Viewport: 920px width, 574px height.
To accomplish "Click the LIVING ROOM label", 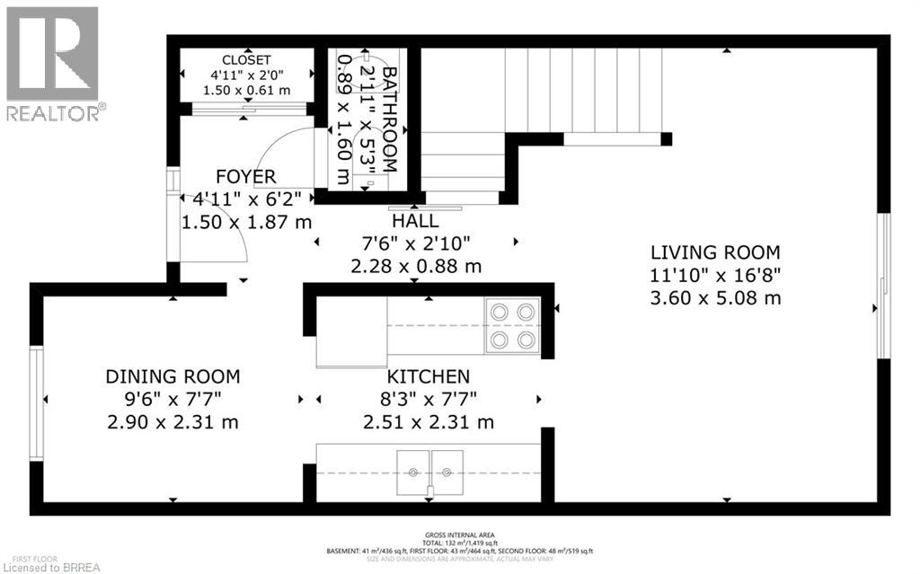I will pyautogui.click(x=715, y=252).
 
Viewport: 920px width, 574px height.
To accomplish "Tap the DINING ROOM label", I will pyautogui.click(x=172, y=376).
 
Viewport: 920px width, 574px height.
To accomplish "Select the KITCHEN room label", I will pyautogui.click(x=429, y=376).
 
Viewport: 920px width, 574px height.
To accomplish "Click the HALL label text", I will pyautogui.click(x=415, y=221).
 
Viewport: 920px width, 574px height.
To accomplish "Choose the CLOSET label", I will pyautogui.click(x=245, y=60).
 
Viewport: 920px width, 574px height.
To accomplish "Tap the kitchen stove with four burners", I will pyautogui.click(x=512, y=326).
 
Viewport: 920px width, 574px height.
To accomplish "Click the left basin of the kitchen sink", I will pyautogui.click(x=414, y=470).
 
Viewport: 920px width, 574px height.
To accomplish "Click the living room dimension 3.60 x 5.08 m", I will pyautogui.click(x=715, y=297).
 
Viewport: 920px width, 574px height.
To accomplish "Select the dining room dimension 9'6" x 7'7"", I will pyautogui.click(x=172, y=399).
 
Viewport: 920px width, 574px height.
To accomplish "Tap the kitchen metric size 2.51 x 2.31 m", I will pyautogui.click(x=429, y=421).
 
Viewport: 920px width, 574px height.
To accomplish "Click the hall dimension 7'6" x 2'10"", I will pyautogui.click(x=415, y=243).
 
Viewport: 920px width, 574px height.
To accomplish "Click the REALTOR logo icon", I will pyautogui.click(x=51, y=54).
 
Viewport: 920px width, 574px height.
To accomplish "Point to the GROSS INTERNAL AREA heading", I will pyautogui.click(x=459, y=534).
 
